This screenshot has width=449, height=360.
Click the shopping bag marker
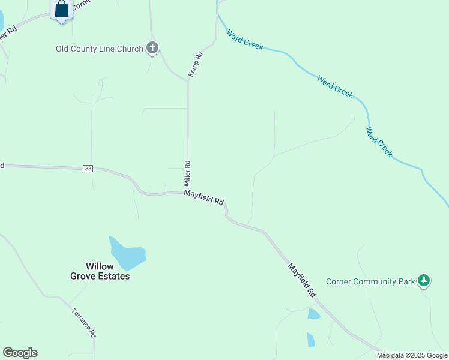(62, 9)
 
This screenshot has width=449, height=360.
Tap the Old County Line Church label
(99, 49)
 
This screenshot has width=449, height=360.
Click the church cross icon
(152, 48)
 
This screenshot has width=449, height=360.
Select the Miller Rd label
(187, 172)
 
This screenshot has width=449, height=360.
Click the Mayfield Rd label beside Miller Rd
(204, 197)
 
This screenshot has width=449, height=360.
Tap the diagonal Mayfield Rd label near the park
(301, 280)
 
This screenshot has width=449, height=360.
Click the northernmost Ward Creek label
(244, 40)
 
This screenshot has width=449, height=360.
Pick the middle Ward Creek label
(335, 86)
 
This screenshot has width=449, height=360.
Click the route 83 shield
(88, 169)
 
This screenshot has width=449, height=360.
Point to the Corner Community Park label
(370, 281)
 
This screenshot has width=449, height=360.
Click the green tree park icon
(424, 280)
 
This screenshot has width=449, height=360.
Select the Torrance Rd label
(83, 323)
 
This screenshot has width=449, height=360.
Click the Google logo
(20, 353)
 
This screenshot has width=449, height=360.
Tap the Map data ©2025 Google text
(412, 356)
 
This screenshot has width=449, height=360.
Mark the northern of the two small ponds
(313, 314)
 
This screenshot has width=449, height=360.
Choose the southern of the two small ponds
(310, 340)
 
